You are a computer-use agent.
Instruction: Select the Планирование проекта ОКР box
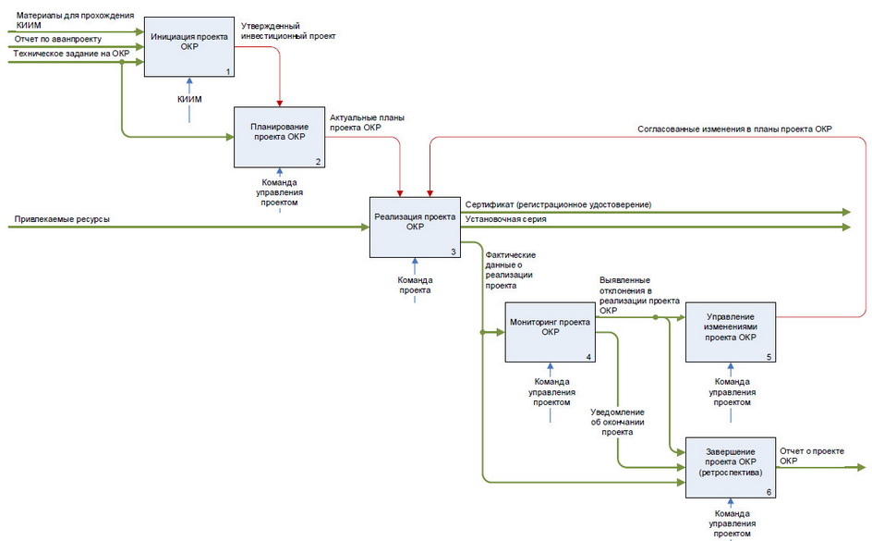[278, 137]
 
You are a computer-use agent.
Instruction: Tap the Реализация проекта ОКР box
[415, 227]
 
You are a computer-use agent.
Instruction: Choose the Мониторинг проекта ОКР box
[551, 332]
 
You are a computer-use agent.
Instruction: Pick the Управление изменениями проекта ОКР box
[730, 332]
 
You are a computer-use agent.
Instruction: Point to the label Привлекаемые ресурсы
[62, 219]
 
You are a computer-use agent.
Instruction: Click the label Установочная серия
[505, 220]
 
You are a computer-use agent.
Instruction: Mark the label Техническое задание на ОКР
[71, 54]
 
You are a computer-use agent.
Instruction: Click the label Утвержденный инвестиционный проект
[287, 31]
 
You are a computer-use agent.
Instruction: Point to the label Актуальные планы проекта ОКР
[368, 123]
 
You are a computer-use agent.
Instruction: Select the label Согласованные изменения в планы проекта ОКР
[735, 129]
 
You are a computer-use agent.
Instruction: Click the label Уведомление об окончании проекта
[617, 422]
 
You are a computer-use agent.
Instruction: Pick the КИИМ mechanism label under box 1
[189, 99]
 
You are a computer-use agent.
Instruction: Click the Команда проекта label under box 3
[416, 285]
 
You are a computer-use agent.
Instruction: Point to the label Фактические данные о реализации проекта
[511, 270]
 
